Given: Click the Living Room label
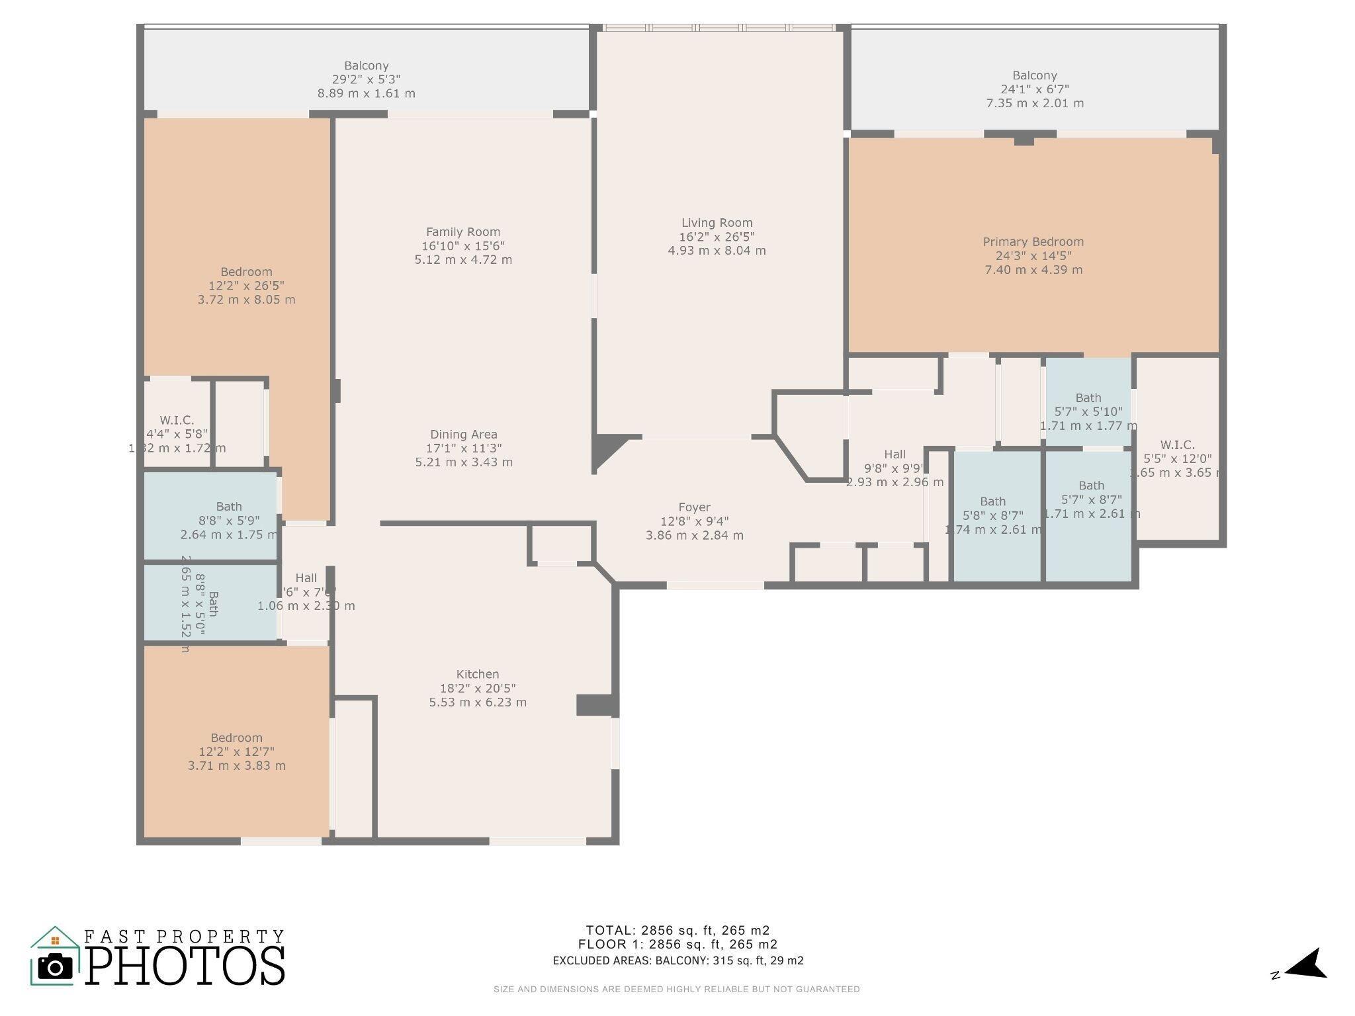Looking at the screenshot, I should pos(717,223).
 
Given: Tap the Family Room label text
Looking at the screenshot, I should pos(462,232).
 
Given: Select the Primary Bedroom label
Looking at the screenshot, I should pos(1033,241).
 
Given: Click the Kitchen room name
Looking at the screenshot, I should pos(477,674).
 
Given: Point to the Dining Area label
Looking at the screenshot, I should pos(463,435).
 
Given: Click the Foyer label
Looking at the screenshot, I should pos(694,507).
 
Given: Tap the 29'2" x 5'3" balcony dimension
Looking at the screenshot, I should pos(366,79).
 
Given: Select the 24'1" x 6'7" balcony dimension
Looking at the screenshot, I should pos(1034,89).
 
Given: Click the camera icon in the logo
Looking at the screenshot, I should pos(55,968).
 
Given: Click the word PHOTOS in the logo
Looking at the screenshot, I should pos(185,967).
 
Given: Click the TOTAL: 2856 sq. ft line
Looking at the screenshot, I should pos(677,930).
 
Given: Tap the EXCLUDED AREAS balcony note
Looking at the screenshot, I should pos(677,960).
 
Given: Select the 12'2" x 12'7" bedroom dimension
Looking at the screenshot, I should pos(236,751).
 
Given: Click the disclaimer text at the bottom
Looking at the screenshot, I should pos(676,990).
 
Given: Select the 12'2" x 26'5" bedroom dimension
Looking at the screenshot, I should pos(246,286).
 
